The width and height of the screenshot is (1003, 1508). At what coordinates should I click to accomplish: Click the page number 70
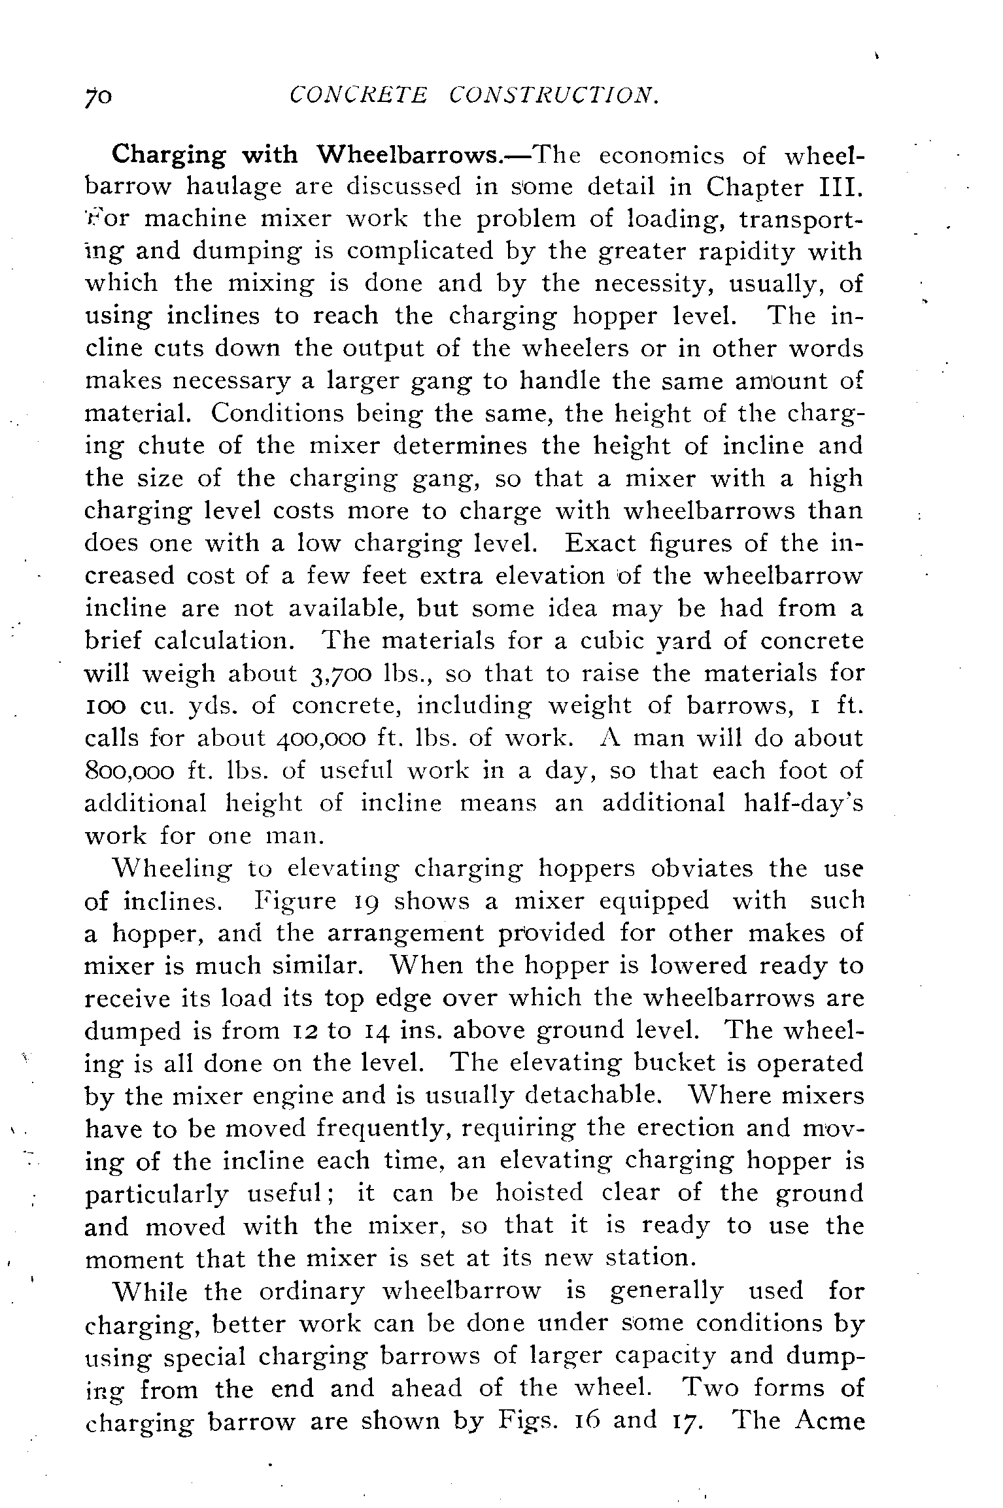(x=99, y=97)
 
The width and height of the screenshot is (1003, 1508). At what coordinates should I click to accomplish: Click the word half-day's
(x=804, y=803)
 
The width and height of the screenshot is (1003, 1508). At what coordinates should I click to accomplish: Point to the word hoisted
(x=538, y=1193)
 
